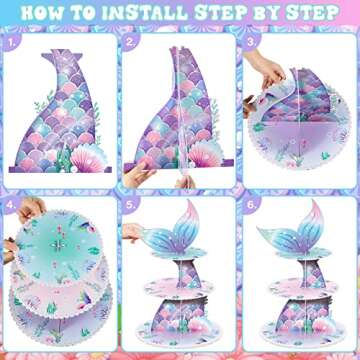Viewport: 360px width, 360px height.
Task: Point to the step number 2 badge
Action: point(132,44)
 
